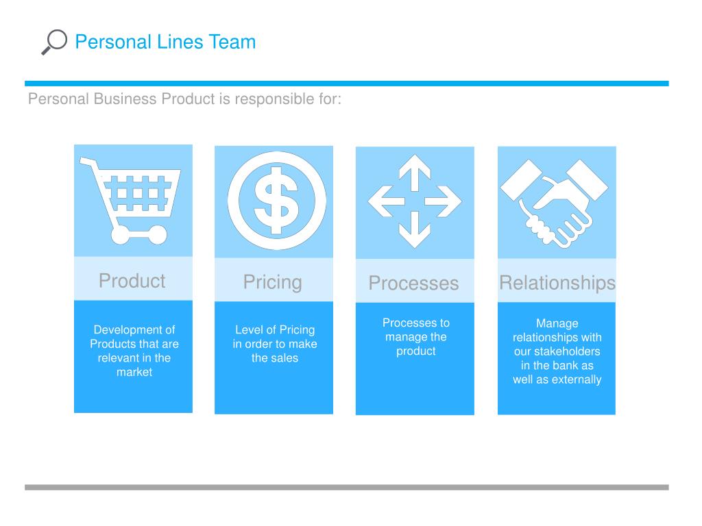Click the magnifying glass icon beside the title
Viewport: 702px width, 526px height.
coord(53,42)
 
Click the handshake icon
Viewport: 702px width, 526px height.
coord(555,201)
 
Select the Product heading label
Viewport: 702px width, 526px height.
coord(132,281)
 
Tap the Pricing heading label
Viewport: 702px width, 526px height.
coord(272,282)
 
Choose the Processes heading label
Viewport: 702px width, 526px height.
coord(413,284)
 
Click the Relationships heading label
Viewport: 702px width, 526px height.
coord(557,283)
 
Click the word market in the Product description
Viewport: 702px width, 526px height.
coord(134,373)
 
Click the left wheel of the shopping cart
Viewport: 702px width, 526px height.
coord(120,236)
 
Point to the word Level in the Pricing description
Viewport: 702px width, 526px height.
coord(248,330)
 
